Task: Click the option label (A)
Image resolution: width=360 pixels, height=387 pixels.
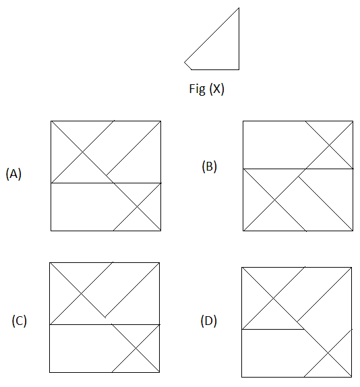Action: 13,174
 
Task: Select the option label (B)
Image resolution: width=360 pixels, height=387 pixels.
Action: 209,166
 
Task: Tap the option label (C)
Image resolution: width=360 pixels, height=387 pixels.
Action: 20,321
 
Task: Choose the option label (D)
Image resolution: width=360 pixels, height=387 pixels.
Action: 209,321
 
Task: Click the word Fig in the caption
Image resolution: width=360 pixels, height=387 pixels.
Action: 197,89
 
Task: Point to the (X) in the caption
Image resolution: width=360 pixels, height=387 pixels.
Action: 217,89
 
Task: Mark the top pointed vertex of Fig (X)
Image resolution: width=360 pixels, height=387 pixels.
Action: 239,8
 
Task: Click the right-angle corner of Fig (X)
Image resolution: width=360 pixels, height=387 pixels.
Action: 239,69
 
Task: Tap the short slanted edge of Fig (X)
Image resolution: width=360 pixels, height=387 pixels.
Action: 188,66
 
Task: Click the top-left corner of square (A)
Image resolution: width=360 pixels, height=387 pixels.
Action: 51,121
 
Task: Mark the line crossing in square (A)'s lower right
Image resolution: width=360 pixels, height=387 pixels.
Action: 137,207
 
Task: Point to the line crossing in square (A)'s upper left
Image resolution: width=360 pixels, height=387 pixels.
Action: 82,152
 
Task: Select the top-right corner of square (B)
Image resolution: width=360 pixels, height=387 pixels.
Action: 353,121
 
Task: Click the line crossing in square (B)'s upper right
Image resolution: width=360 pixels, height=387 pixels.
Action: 329,145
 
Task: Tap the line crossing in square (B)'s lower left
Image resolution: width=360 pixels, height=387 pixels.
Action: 274,200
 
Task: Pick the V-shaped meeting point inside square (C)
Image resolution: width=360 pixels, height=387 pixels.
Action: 105,317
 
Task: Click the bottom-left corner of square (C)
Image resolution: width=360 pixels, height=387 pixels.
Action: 50,372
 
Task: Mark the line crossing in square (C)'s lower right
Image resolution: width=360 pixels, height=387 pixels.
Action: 136,349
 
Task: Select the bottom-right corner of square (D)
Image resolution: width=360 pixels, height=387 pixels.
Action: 351,377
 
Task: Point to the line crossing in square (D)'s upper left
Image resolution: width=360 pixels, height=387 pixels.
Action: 273,299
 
